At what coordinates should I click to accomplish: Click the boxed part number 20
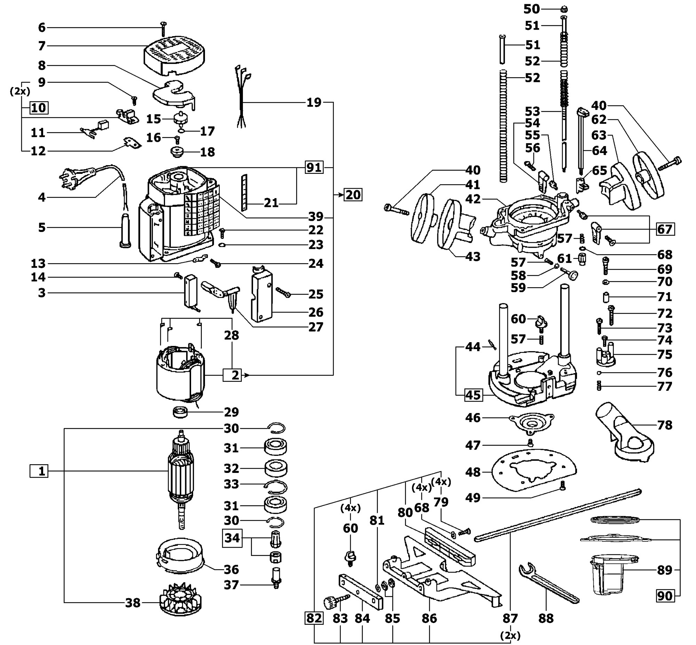353,194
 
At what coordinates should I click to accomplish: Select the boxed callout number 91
314,168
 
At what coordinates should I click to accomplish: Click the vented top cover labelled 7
174,55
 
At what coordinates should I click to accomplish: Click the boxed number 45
473,395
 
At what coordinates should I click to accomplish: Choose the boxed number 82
314,618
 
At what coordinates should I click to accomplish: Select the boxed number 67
665,229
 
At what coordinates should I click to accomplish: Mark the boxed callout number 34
232,538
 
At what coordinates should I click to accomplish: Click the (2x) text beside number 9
20,91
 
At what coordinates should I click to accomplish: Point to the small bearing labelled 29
180,412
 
